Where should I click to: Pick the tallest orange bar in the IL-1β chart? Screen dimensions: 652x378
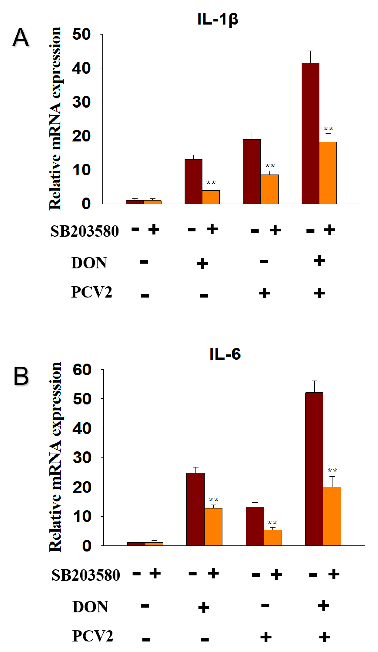[x=328, y=173]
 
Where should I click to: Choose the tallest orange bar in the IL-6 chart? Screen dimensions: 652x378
[x=332, y=516]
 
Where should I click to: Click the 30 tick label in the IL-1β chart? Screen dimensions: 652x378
[x=81, y=102]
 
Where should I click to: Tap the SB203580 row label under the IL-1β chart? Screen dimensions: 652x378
[x=84, y=231]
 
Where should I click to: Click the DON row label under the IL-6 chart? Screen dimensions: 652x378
[x=90, y=607]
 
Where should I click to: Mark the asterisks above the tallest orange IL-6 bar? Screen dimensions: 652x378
[x=332, y=470]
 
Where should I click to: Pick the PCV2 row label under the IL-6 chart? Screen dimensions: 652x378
[x=93, y=636]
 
